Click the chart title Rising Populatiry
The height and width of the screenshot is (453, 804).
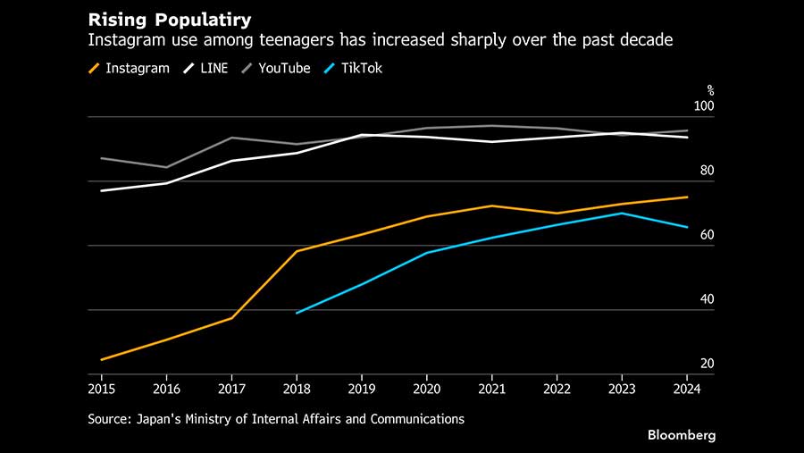point(169,19)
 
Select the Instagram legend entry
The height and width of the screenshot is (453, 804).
point(129,68)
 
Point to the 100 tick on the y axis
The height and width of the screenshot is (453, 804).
point(706,107)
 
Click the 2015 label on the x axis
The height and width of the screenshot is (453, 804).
point(102,389)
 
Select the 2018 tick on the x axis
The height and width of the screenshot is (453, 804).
point(297,389)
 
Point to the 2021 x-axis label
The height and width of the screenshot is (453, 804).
point(491,389)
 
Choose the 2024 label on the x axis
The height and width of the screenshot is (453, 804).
point(686,389)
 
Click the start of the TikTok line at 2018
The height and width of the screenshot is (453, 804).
point(297,313)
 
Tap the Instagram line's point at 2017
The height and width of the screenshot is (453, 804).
point(232,318)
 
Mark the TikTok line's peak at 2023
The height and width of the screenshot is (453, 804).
point(622,213)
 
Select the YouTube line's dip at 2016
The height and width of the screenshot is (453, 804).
point(167,167)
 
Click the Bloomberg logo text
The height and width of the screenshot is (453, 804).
point(683,435)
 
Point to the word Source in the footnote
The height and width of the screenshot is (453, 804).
point(109,418)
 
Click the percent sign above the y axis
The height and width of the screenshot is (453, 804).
point(711,89)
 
